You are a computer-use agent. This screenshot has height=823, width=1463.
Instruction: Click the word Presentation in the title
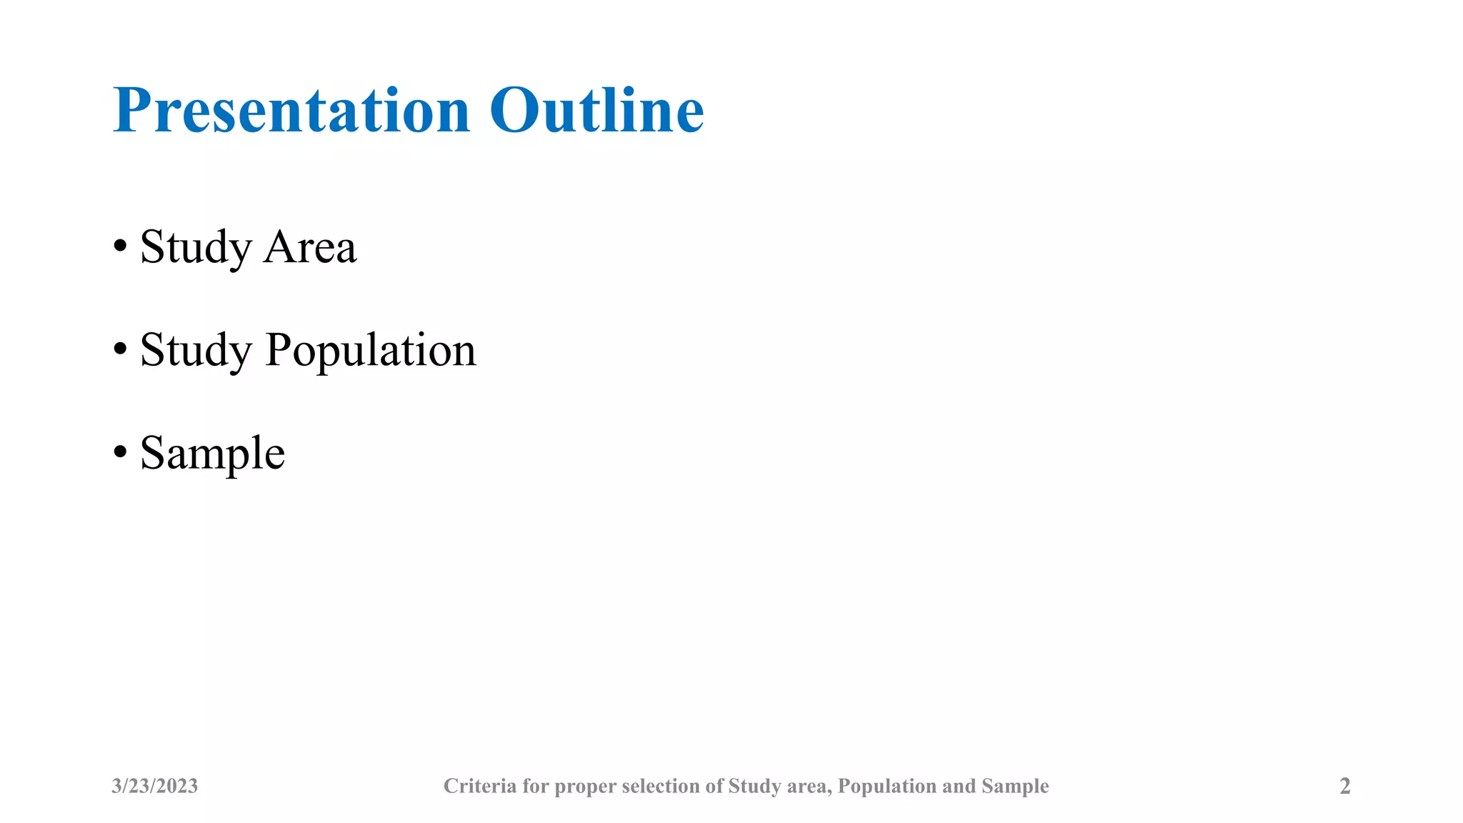(x=291, y=111)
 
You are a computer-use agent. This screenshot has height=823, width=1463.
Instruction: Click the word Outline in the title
(x=596, y=111)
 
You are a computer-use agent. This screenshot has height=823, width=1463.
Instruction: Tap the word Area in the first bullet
(x=310, y=247)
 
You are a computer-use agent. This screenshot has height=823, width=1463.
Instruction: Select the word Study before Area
(x=196, y=247)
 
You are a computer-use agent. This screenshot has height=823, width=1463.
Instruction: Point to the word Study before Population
(x=196, y=351)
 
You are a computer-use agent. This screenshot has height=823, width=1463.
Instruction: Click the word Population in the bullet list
(x=370, y=351)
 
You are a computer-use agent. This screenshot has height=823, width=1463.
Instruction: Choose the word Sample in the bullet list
(x=213, y=454)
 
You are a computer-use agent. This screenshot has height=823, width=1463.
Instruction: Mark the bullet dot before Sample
(x=120, y=452)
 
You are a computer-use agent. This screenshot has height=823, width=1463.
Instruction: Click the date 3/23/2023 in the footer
(x=154, y=786)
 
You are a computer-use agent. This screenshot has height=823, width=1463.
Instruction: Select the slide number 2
(x=1344, y=786)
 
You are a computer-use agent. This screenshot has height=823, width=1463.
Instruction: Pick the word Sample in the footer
(x=1015, y=787)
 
